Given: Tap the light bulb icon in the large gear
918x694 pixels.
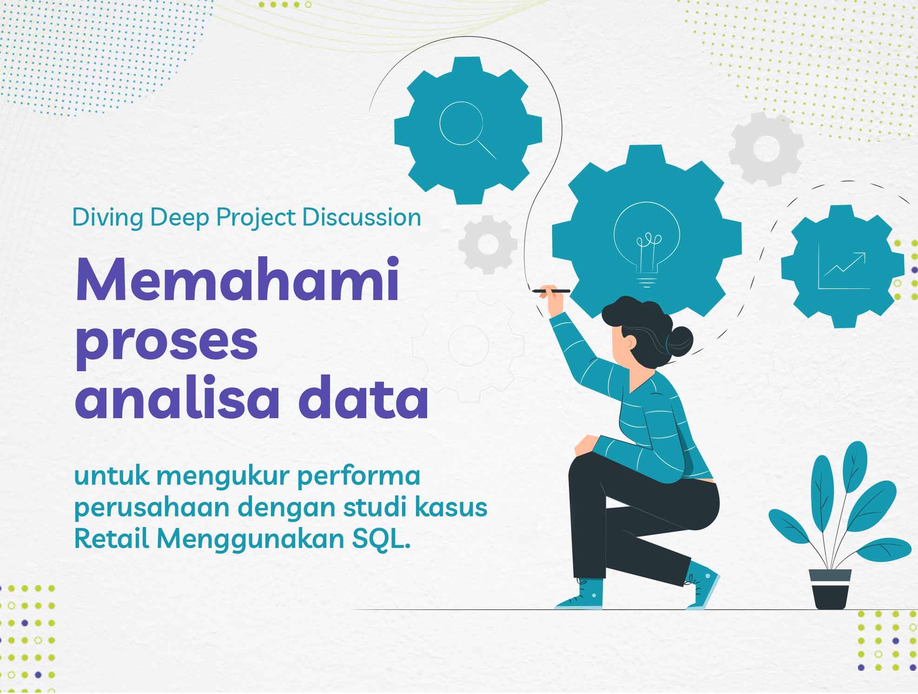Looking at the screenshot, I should (647, 242).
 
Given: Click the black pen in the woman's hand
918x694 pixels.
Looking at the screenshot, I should (551, 291).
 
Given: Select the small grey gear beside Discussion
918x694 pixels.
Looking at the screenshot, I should (487, 244).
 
